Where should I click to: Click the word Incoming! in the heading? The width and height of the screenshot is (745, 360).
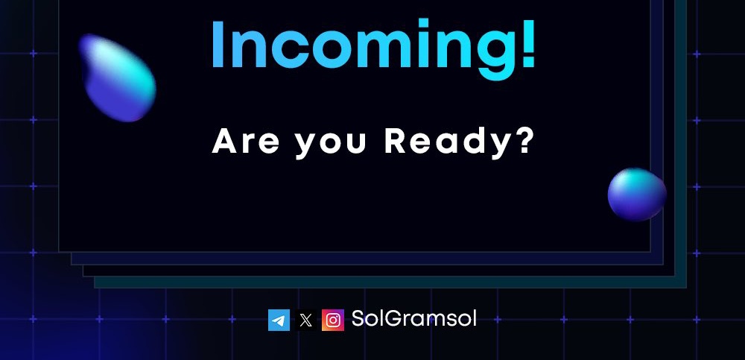coord(372,46)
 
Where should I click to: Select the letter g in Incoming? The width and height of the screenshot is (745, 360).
coord(492,54)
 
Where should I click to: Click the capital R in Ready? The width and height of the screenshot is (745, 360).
coord(396,141)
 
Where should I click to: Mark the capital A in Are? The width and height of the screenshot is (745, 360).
coord(223,141)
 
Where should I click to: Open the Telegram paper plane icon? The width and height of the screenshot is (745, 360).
coord(279,320)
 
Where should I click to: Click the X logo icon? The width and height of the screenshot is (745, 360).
coord(305,320)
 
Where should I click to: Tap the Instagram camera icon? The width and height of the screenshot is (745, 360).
coord(333,320)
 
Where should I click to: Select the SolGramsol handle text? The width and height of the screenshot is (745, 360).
coord(413,319)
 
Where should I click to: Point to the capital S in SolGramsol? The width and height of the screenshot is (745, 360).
coord(358,319)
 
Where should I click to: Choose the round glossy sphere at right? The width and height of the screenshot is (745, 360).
coord(636,195)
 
